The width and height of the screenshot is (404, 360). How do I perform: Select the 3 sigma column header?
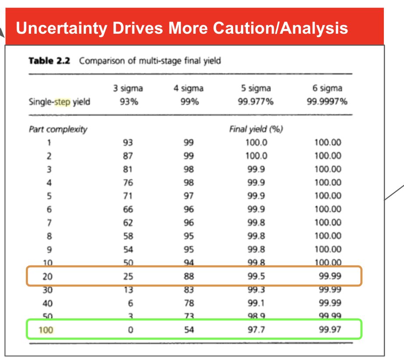pos(128,88)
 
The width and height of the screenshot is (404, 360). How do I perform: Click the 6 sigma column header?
pos(327,88)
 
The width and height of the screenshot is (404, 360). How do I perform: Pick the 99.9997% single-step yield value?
pos(327,102)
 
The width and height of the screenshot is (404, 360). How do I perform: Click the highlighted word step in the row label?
pos(62,102)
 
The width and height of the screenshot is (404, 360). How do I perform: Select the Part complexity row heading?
pos(58,129)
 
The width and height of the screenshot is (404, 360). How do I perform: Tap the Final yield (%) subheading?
pos(256,129)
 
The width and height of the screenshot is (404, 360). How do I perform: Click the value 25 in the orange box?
pos(128,276)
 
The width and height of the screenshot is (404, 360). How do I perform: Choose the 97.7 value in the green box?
pos(256,330)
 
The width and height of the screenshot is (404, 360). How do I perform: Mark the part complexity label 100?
pos(46,330)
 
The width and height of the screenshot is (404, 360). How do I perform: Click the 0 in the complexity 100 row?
pos(130,330)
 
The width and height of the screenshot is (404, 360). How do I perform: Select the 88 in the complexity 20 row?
pos(188,276)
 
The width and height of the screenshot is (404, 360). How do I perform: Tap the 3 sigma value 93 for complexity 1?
pos(128,142)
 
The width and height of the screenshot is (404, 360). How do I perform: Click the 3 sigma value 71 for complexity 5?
pos(128,196)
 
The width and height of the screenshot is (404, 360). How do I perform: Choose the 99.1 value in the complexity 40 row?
pos(256,303)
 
